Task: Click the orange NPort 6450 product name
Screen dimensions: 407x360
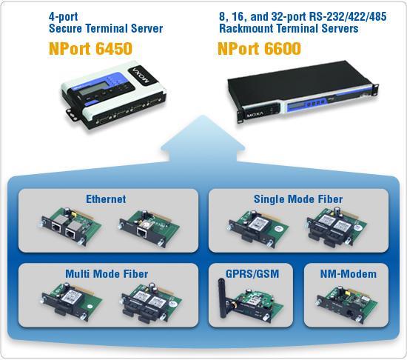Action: (x=90, y=48)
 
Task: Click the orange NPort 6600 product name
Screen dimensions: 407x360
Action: (x=259, y=48)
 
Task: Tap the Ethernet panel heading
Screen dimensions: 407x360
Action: (x=106, y=199)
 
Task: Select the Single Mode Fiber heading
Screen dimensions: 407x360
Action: (x=298, y=199)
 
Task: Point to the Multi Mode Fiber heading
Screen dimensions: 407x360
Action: (x=107, y=274)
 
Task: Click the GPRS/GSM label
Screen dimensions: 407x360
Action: (x=252, y=274)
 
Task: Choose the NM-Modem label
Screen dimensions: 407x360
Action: (x=349, y=274)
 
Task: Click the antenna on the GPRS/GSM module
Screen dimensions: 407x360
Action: (x=222, y=299)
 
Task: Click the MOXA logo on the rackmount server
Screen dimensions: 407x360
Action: (x=255, y=114)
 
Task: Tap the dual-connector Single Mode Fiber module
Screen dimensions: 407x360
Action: (x=337, y=227)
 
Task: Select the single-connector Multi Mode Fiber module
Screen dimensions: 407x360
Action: (x=72, y=302)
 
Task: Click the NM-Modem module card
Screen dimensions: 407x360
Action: (x=347, y=304)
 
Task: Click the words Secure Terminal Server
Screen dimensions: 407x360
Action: (x=106, y=28)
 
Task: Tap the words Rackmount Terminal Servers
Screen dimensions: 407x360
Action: (x=289, y=28)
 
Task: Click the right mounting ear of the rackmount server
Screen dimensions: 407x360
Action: (x=376, y=88)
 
